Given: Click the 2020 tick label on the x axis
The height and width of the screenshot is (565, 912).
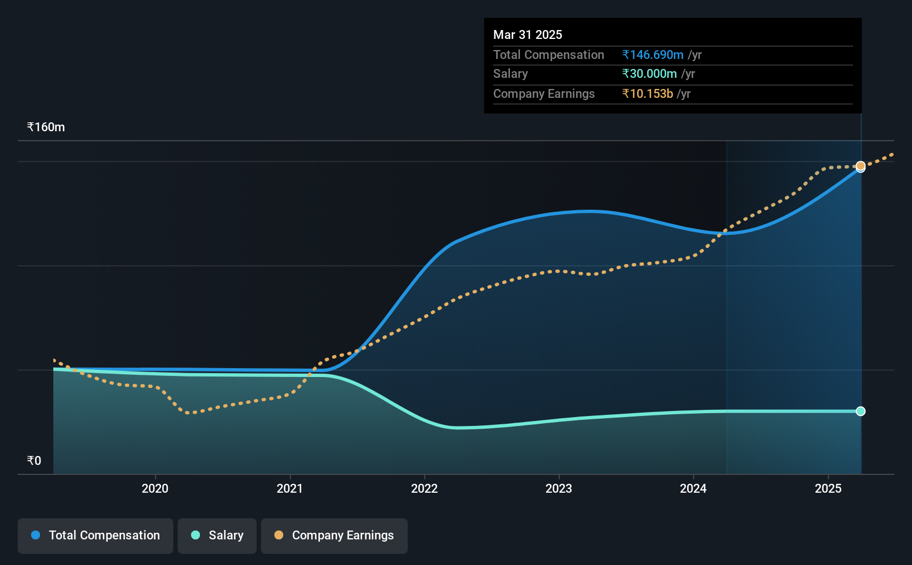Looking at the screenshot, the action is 155,488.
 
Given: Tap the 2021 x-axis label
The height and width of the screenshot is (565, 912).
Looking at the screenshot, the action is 289,488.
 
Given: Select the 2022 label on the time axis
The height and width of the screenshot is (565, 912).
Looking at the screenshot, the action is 424,488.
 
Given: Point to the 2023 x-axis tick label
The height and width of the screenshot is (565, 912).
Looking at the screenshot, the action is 559,488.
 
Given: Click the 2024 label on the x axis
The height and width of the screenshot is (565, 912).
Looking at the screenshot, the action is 693,488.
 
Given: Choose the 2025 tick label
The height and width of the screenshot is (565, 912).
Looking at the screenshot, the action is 828,488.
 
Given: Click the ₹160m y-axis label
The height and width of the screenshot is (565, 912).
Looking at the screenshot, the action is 46,127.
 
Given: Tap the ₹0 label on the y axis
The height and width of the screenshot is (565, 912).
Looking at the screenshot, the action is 34,460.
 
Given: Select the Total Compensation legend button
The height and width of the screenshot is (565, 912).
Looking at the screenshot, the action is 96,536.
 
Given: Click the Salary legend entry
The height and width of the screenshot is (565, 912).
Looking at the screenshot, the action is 217,536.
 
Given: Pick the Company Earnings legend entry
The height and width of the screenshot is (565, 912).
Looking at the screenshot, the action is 334,536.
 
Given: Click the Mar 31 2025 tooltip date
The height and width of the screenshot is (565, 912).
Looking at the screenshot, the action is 527,34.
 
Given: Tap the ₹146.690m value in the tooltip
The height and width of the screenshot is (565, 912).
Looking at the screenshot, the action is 653,54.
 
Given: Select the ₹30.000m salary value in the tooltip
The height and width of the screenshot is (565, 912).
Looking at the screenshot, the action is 649,74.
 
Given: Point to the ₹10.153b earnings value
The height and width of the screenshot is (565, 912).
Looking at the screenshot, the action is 648,94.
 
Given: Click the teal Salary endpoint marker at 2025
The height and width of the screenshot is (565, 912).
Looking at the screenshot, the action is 861,412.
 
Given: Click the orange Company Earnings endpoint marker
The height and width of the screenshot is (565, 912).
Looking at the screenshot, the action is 861,166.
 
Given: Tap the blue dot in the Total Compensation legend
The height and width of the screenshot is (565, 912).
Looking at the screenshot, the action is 36,535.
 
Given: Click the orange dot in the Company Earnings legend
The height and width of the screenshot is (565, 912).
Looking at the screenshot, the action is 278,535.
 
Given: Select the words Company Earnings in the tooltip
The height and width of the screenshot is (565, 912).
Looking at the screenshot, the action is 544,94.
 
